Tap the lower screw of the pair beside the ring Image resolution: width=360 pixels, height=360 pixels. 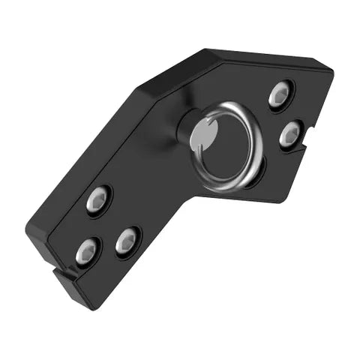click(290, 135)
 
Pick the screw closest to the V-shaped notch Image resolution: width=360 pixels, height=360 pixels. click(88, 252)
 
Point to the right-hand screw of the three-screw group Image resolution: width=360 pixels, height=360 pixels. click(128, 241)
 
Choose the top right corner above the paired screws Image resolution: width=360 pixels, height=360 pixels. click(330, 69)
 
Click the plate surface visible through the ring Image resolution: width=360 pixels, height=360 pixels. click(229, 146)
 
